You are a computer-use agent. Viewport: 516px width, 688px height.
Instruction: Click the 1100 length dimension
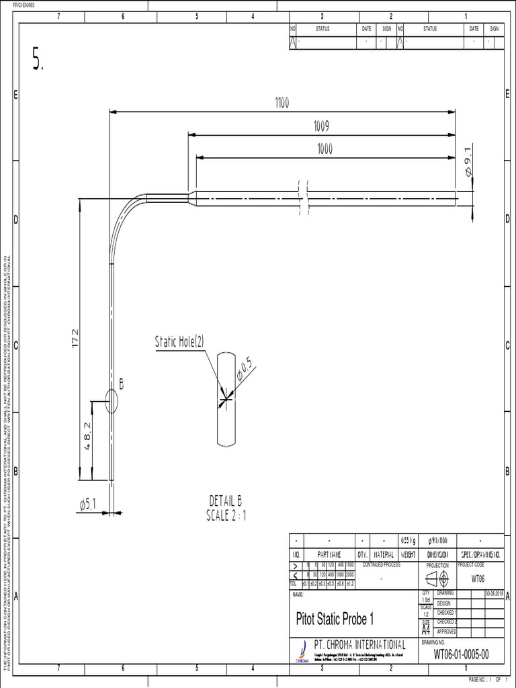[281, 103]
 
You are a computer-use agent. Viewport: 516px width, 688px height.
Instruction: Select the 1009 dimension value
[321, 126]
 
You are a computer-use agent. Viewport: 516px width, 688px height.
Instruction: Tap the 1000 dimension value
[325, 150]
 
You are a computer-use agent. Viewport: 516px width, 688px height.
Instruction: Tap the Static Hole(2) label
[180, 343]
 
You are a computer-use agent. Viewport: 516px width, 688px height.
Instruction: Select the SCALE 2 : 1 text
[226, 515]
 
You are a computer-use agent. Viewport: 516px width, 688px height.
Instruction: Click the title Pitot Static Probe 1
[335, 617]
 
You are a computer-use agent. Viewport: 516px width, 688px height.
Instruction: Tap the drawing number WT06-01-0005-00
[461, 654]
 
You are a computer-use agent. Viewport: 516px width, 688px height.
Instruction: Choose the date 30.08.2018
[493, 593]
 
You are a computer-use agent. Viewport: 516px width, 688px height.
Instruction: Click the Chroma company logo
[302, 650]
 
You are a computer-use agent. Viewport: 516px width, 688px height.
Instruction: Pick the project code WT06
[478, 578]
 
